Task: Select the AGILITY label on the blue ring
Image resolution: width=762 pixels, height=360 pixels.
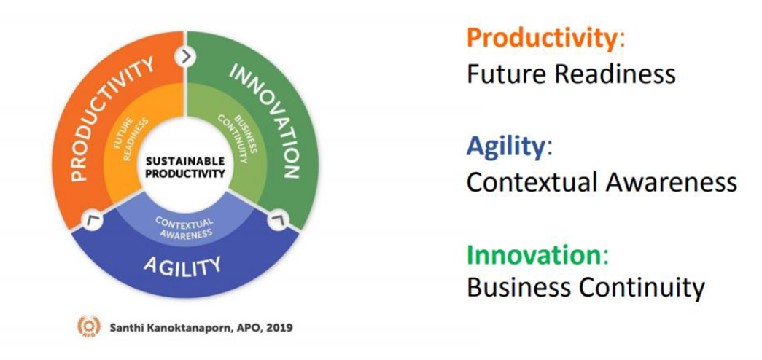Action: [x=182, y=265]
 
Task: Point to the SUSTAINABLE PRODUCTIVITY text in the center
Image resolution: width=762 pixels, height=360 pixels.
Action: [x=185, y=167]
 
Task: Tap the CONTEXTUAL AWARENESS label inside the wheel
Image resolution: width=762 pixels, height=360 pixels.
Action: [x=184, y=227]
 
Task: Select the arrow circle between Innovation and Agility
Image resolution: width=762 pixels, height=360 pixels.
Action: [x=278, y=221]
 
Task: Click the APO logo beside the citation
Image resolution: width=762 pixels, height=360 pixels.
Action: [x=88, y=326]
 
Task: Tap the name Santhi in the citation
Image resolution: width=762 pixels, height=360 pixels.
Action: [x=125, y=327]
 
